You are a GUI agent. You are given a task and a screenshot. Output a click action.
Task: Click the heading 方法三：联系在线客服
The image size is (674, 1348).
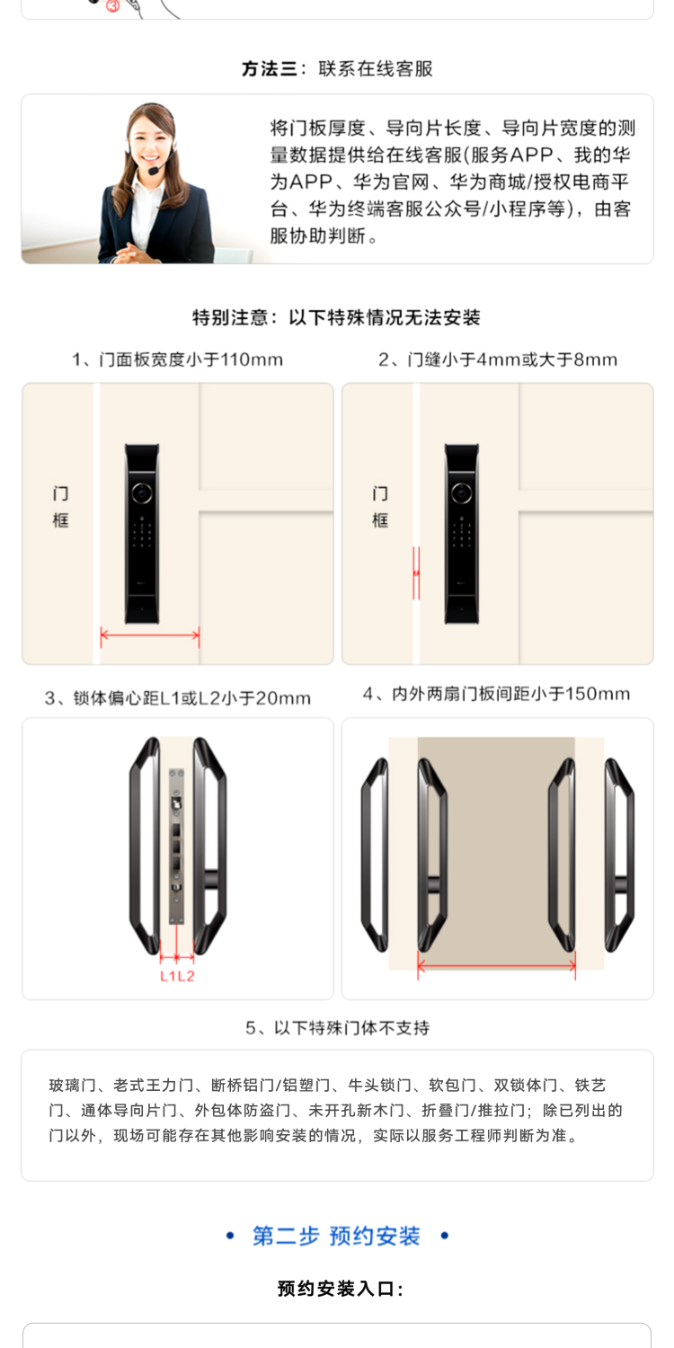(337, 69)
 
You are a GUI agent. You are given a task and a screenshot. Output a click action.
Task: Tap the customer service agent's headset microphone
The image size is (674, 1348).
(155, 170)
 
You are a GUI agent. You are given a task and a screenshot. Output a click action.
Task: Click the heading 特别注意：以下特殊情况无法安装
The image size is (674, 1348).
(337, 317)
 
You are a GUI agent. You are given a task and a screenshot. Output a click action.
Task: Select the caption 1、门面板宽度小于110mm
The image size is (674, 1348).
(178, 360)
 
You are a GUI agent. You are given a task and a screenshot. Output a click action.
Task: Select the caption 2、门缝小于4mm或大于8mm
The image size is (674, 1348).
(498, 360)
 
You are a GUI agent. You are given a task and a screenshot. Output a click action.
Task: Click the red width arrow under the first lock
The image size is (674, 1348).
(150, 636)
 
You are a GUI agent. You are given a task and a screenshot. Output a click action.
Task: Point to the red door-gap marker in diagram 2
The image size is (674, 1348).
(416, 572)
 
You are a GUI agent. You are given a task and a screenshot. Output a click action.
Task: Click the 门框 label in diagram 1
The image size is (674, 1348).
(60, 507)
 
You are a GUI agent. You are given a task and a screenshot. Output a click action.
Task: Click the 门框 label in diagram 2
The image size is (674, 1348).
(380, 507)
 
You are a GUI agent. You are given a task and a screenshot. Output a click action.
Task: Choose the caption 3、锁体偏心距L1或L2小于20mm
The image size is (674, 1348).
(178, 698)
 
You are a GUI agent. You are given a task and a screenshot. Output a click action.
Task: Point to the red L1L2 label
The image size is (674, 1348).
(178, 976)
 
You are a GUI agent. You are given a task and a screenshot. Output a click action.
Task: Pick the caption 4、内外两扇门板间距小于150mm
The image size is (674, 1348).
(497, 694)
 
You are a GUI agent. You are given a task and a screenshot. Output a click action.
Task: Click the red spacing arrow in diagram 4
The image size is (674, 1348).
(497, 967)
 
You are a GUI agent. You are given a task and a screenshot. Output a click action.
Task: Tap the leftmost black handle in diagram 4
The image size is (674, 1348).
(374, 854)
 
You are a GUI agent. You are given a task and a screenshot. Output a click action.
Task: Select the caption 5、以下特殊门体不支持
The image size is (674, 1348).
(337, 1027)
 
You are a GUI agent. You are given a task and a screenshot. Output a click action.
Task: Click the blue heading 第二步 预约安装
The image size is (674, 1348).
(337, 1237)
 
